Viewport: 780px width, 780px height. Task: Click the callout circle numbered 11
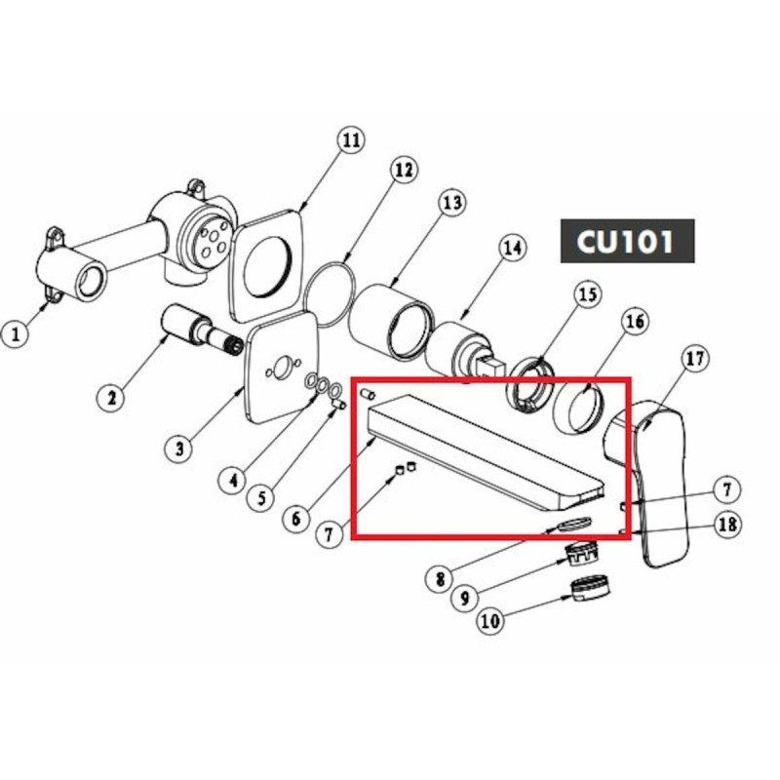[x=350, y=139]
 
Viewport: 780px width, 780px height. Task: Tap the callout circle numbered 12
[x=403, y=170]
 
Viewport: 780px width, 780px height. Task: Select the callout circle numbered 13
[x=451, y=204]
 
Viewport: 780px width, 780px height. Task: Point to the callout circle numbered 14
[x=512, y=249]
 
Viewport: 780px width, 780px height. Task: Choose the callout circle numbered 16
[x=635, y=322]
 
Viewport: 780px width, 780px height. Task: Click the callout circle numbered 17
[x=694, y=359]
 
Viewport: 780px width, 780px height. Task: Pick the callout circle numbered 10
[x=489, y=620]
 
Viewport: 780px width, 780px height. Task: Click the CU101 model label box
[x=626, y=241]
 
